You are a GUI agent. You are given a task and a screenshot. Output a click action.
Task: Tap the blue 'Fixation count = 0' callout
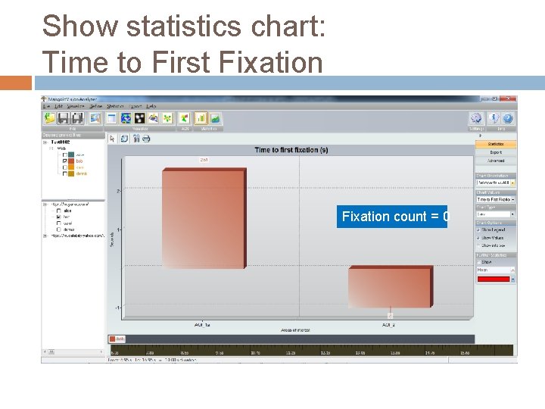pyautogui.click(x=394, y=217)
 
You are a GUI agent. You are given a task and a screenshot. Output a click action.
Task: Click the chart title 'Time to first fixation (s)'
pyautogui.click(x=291, y=150)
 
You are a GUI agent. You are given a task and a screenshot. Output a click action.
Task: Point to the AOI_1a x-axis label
pyautogui.click(x=201, y=324)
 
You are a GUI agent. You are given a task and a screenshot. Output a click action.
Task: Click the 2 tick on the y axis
pyautogui.click(x=117, y=191)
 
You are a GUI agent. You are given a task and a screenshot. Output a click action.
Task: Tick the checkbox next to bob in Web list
pyautogui.click(x=66, y=161)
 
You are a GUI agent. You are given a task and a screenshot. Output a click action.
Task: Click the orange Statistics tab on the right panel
pyautogui.click(x=496, y=144)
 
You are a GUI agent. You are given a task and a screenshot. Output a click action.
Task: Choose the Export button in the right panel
pyautogui.click(x=496, y=152)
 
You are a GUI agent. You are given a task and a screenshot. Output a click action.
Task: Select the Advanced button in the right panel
pyautogui.click(x=496, y=161)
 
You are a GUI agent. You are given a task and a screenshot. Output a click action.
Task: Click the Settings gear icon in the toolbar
pyautogui.click(x=475, y=118)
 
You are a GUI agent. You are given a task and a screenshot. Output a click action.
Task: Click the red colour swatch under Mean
pyautogui.click(x=492, y=279)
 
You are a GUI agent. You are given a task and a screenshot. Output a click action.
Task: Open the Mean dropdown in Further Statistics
pyautogui.click(x=495, y=270)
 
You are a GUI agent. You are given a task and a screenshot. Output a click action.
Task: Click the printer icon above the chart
pyautogui.click(x=146, y=139)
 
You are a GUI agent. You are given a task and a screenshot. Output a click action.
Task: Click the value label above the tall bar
pyautogui.click(x=204, y=160)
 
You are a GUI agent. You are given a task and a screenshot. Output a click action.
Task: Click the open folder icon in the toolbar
pyautogui.click(x=49, y=118)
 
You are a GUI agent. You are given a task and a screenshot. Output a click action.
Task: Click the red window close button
pyautogui.click(x=512, y=99)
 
